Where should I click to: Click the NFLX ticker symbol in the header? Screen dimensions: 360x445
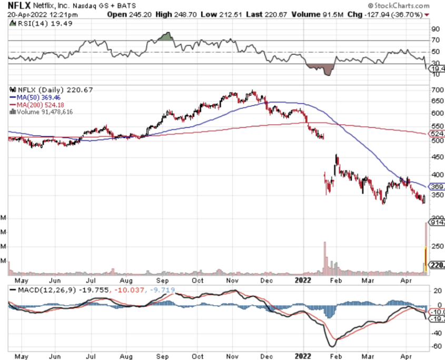tap(17, 5)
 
